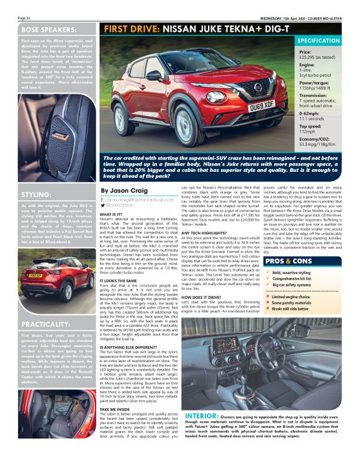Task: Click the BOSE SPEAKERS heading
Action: click(x=47, y=29)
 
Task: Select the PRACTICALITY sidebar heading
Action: click(x=45, y=324)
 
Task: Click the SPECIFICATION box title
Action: click(x=326, y=40)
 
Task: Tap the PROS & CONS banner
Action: click(x=288, y=262)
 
